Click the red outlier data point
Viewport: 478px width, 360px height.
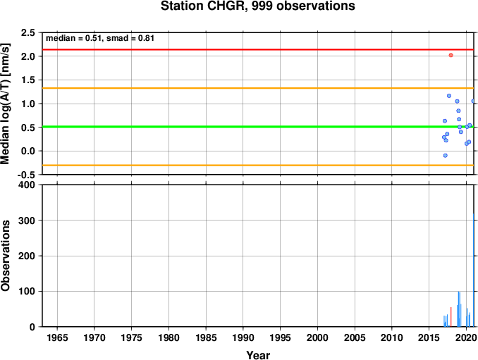click(451, 55)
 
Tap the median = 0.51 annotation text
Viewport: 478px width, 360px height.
click(73, 38)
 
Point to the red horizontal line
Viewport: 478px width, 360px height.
click(258, 49)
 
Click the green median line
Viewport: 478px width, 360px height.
click(258, 127)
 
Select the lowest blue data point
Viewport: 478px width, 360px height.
click(446, 155)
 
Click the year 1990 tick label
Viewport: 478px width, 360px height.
click(243, 337)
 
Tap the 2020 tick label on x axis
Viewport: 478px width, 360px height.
click(467, 337)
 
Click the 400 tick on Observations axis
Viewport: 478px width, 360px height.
click(27, 185)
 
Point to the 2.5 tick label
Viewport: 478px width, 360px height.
click(27, 32)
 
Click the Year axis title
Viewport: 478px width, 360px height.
click(258, 355)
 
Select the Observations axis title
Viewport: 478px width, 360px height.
click(6, 256)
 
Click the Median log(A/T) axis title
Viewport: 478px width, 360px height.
click(6, 104)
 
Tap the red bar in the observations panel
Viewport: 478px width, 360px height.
click(451, 317)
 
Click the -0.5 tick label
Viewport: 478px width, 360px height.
click(27, 175)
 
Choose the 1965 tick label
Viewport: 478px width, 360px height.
click(57, 337)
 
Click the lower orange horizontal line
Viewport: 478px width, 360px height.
click(258, 165)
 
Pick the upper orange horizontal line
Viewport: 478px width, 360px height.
click(258, 88)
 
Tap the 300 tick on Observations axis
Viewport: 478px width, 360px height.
click(27, 221)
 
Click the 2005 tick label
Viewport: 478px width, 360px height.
click(355, 337)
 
